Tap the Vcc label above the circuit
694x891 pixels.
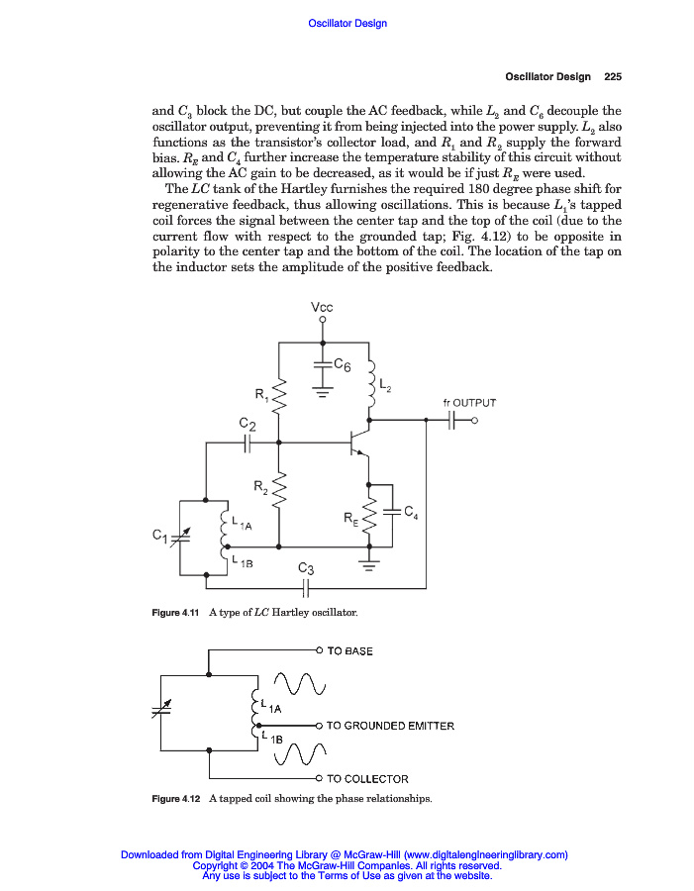tap(322, 308)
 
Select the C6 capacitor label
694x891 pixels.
tap(342, 366)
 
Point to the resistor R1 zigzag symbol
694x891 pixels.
tap(279, 398)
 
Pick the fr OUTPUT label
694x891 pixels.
tap(468, 403)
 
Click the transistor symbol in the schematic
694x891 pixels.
tap(358, 438)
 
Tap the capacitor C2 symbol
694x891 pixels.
tap(248, 444)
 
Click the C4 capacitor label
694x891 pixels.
tap(410, 512)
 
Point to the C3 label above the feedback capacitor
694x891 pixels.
tap(306, 569)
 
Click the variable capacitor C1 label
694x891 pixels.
tap(159, 536)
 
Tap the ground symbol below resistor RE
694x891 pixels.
tap(369, 565)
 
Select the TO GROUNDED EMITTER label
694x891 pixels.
tap(390, 726)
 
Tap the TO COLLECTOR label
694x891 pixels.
tap(367, 779)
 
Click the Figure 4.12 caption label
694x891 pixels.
tap(175, 799)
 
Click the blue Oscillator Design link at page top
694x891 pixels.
tap(347, 23)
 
